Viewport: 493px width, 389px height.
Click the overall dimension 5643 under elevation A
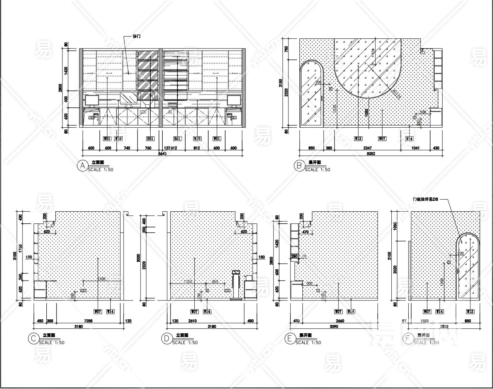[x=162, y=153]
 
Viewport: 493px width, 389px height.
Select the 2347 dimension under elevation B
[x=367, y=148]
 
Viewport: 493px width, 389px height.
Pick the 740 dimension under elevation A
[x=127, y=148]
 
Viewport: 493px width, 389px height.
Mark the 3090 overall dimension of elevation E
[x=334, y=326]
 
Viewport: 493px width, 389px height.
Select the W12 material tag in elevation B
[x=358, y=139]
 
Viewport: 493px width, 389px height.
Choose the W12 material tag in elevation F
[x=470, y=311]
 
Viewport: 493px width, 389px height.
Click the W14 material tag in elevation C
[x=110, y=311]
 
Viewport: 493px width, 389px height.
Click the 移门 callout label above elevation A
[x=136, y=37]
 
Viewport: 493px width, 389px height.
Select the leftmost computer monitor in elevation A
[x=92, y=101]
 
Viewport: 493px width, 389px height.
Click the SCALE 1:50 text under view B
[x=317, y=170]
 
